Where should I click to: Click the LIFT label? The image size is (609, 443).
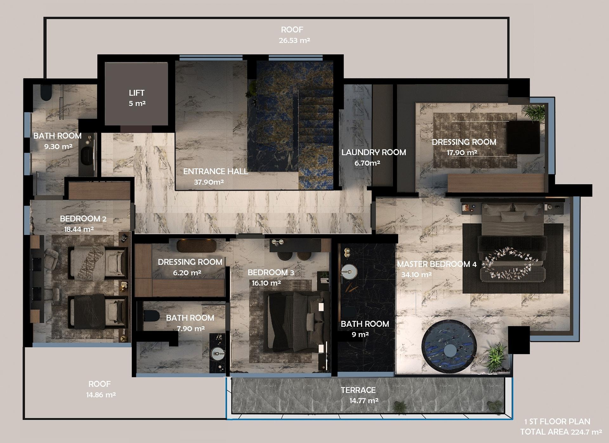coord(137,93)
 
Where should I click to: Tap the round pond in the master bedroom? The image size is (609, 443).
coord(449,347)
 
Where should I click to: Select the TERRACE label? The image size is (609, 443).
coord(358,390)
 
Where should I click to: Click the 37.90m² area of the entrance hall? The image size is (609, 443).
coord(209,182)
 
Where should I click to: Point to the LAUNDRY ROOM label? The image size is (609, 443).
coord(374,152)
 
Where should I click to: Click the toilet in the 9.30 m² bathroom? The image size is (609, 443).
coord(46,92)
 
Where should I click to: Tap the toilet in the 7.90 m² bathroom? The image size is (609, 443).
coord(151,316)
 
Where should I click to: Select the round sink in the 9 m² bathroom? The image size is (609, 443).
coord(349,272)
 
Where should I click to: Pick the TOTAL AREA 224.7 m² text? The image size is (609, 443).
coord(561,432)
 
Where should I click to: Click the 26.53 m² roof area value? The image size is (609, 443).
coord(294,41)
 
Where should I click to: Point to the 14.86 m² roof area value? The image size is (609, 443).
coord(101,395)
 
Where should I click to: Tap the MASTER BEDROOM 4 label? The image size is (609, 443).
coord(437,264)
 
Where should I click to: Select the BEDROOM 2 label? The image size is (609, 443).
coord(83,219)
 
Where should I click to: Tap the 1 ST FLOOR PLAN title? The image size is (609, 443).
coord(557,421)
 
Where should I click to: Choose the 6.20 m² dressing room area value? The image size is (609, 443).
coord(187,273)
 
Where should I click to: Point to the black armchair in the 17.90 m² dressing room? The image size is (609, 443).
coord(523,137)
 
